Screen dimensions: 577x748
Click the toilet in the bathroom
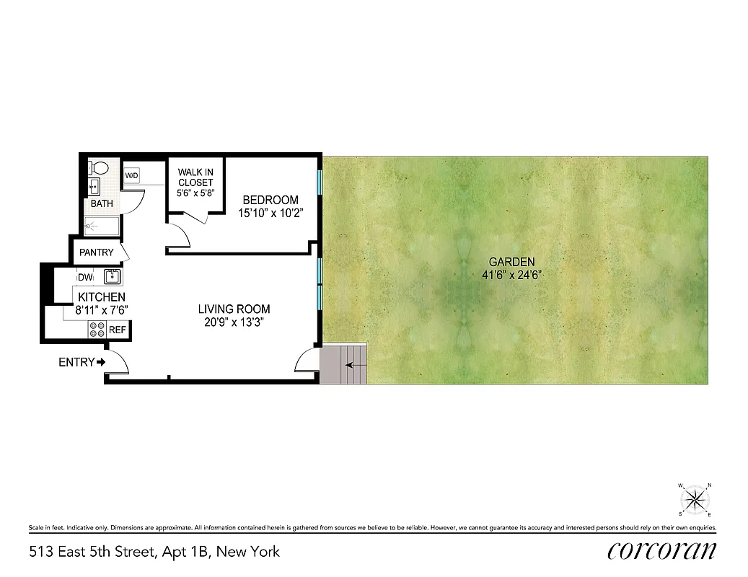(98, 168)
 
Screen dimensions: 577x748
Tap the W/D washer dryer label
(131, 175)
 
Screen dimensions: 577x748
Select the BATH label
(102, 203)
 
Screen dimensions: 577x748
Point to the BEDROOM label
(270, 200)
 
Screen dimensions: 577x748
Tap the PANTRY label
(97, 252)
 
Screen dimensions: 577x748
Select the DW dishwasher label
(84, 277)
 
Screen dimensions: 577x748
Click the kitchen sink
(112, 276)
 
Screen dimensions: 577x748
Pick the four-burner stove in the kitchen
(97, 330)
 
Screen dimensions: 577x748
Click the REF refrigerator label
(117, 330)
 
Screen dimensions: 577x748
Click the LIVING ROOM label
(234, 309)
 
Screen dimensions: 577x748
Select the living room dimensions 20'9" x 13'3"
(234, 322)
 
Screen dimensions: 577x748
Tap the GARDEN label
(512, 262)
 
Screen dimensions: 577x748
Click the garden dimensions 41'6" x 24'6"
(512, 275)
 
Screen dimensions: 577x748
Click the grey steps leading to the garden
(344, 365)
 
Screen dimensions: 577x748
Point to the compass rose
(695, 498)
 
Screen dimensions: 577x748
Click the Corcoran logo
(661, 551)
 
